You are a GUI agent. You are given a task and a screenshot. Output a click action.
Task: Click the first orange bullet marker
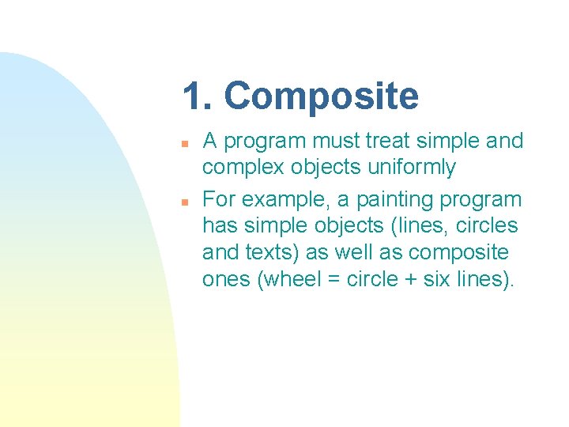click(x=183, y=144)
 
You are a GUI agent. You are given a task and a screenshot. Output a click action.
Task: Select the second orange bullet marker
click(x=183, y=202)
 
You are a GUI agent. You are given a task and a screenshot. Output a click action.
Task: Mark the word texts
click(x=283, y=253)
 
